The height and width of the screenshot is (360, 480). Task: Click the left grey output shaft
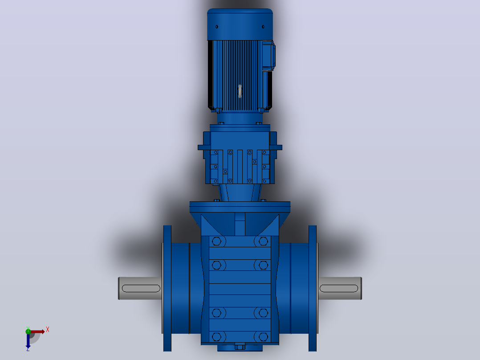click(x=140, y=288)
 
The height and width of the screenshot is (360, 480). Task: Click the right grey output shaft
click(x=340, y=288)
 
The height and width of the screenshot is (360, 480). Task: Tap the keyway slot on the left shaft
click(x=141, y=288)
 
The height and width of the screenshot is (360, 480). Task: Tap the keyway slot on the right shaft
click(x=339, y=288)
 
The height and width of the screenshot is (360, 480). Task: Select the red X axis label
click(x=48, y=330)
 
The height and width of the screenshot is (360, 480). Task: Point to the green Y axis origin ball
click(x=28, y=331)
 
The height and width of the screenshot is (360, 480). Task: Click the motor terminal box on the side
click(x=269, y=55)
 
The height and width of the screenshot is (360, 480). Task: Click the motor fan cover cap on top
click(x=240, y=25)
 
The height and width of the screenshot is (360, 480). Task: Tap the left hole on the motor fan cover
click(x=217, y=27)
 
